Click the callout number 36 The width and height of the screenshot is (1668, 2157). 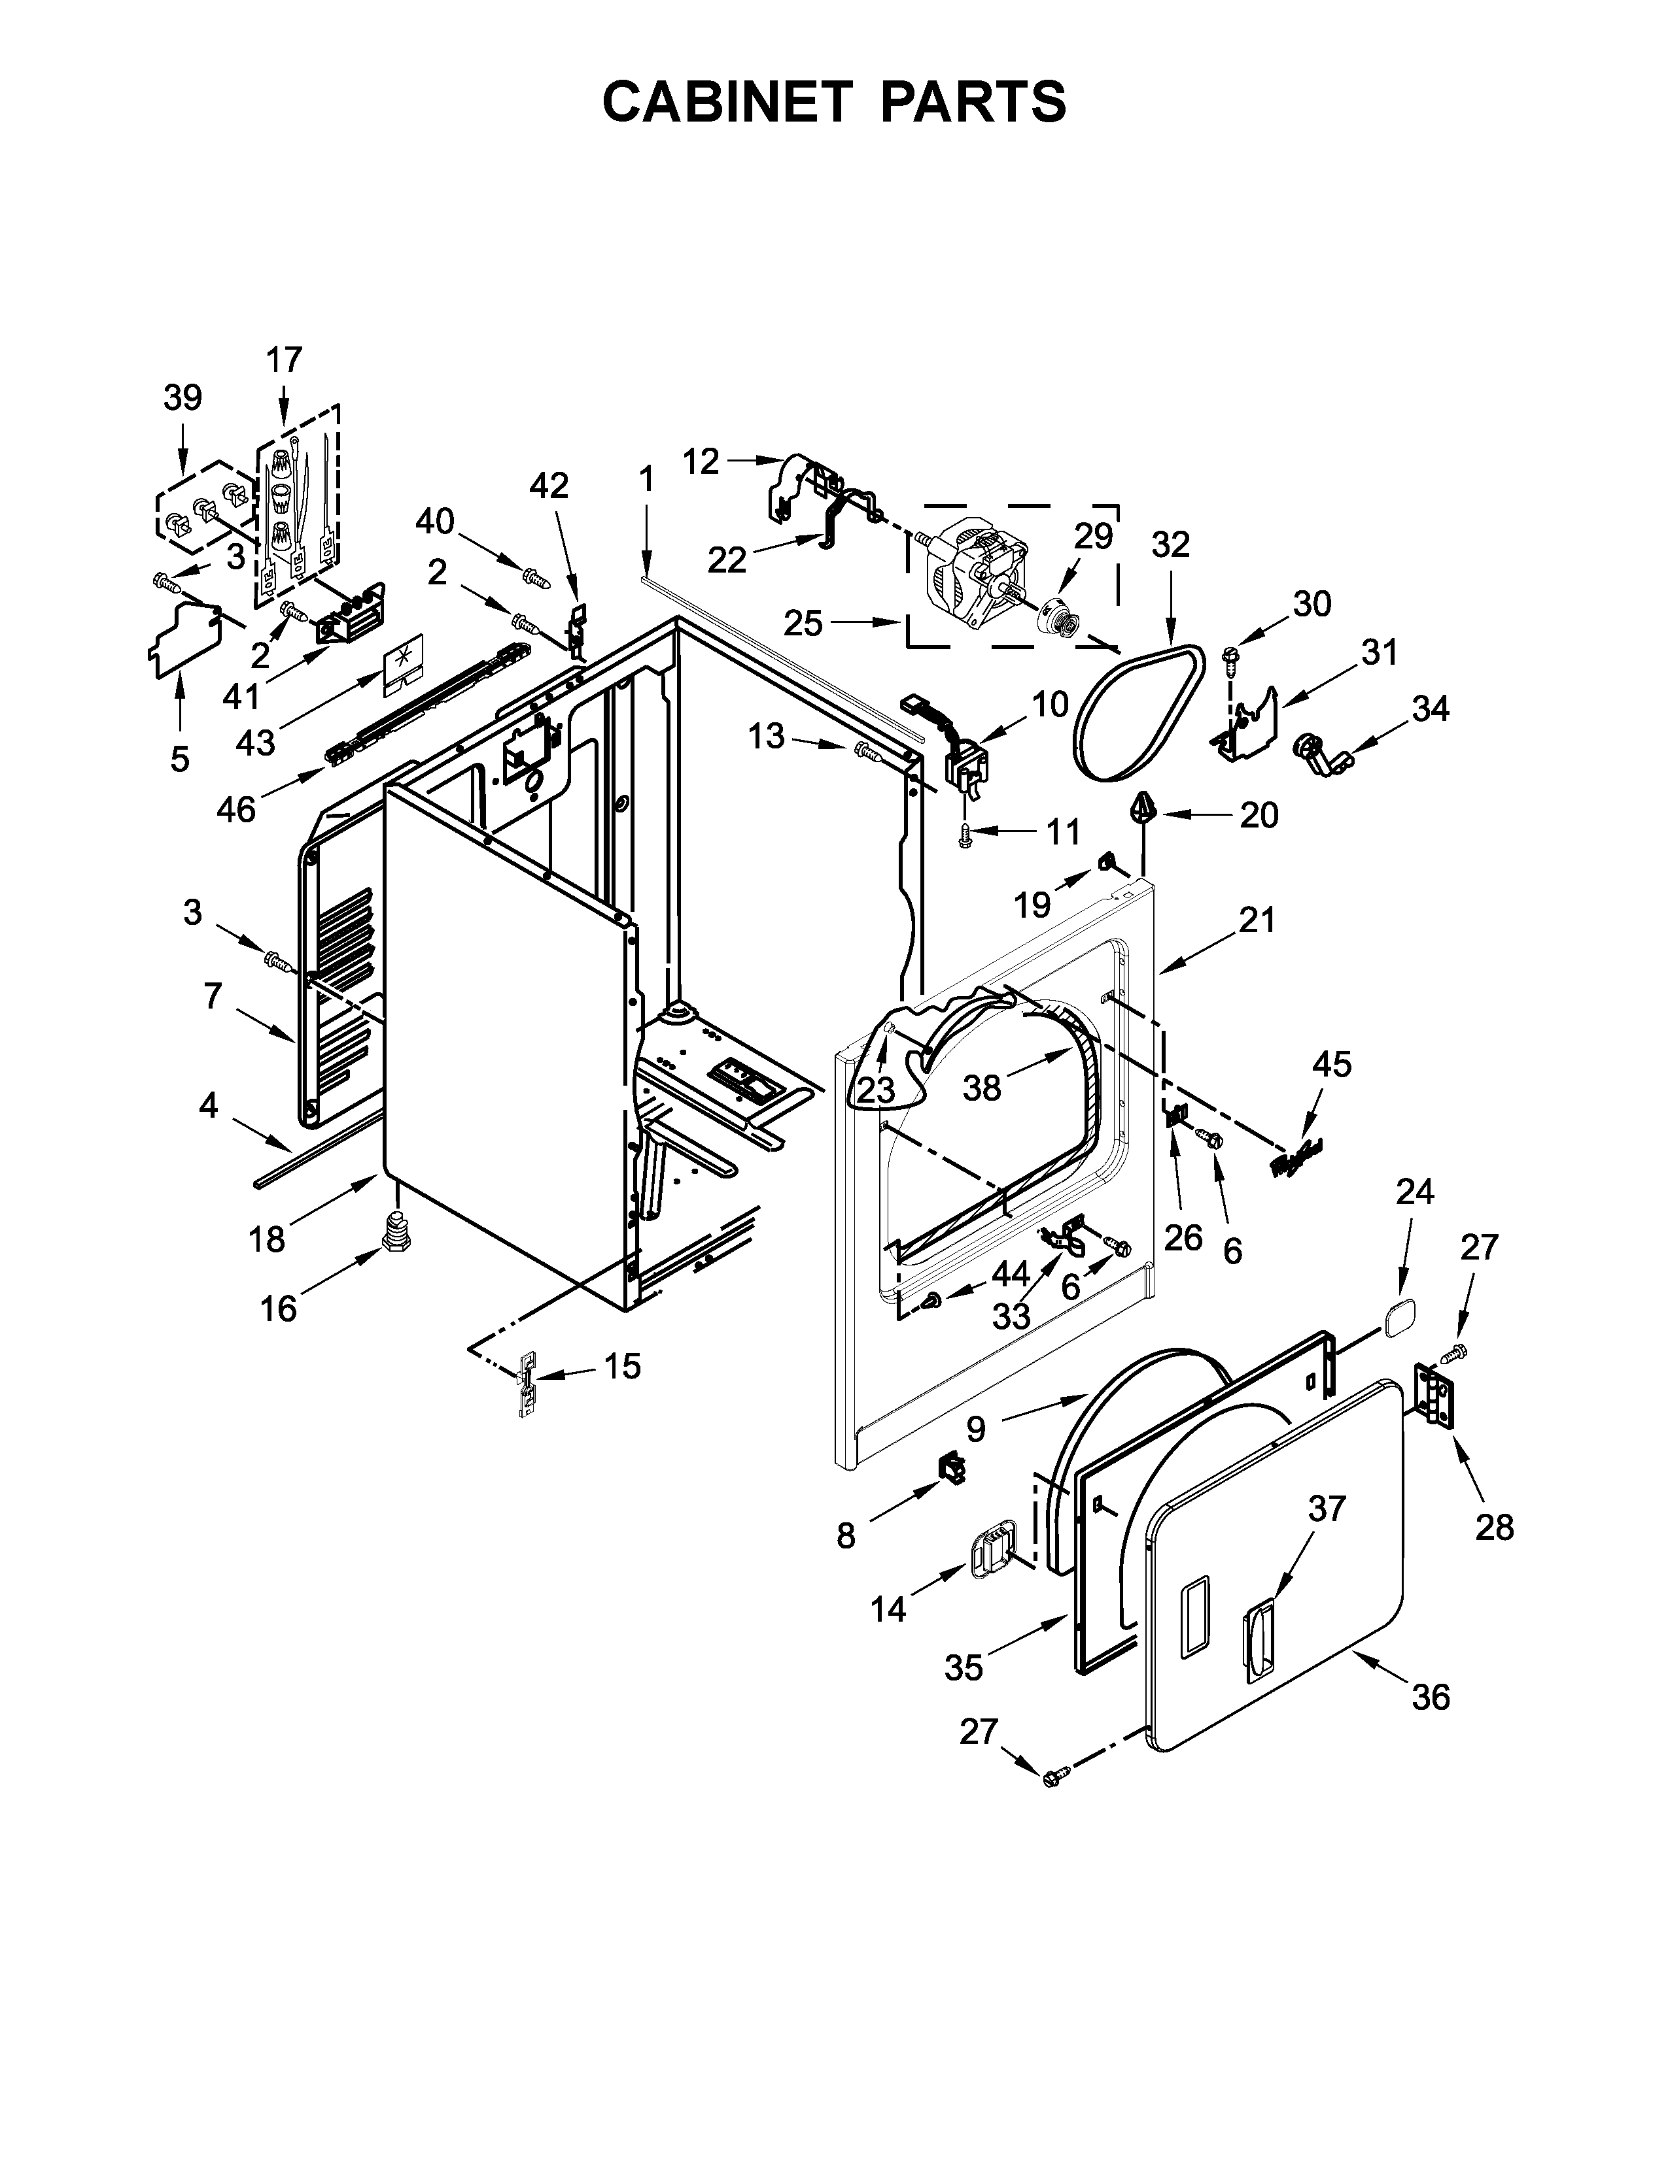(1431, 1697)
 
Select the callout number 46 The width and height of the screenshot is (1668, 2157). (236, 810)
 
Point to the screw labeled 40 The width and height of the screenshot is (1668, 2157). (534, 576)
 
